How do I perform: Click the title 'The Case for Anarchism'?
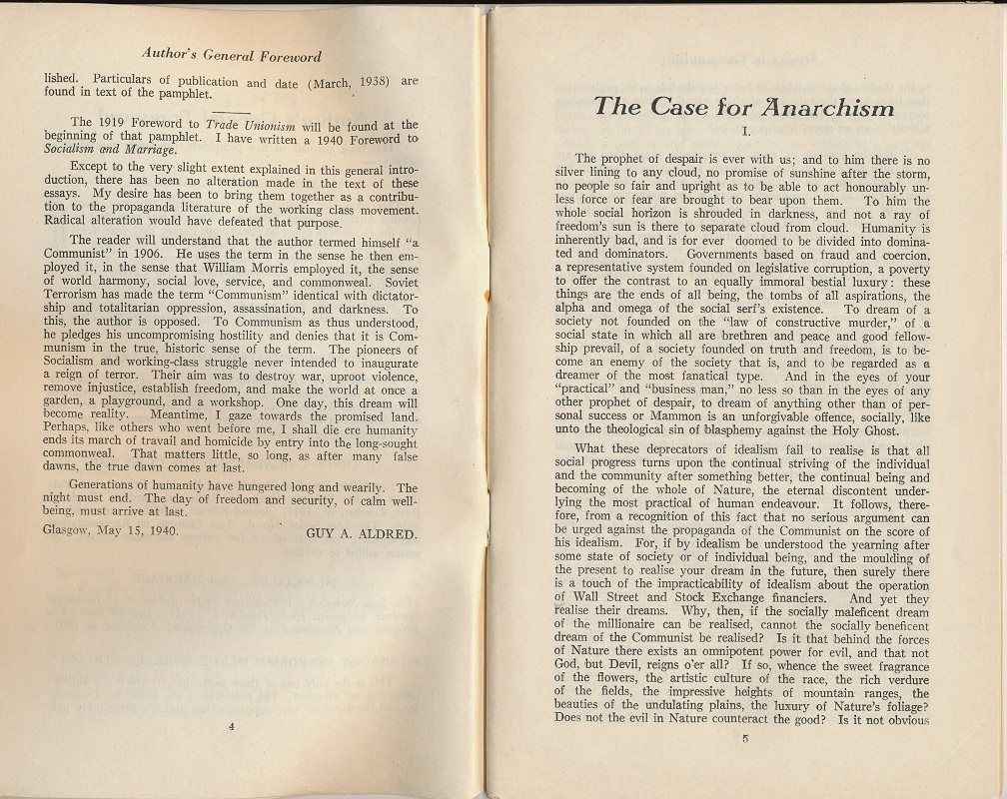click(743, 106)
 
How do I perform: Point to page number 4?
click(231, 726)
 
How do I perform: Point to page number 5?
click(744, 739)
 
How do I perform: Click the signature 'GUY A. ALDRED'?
click(361, 533)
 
